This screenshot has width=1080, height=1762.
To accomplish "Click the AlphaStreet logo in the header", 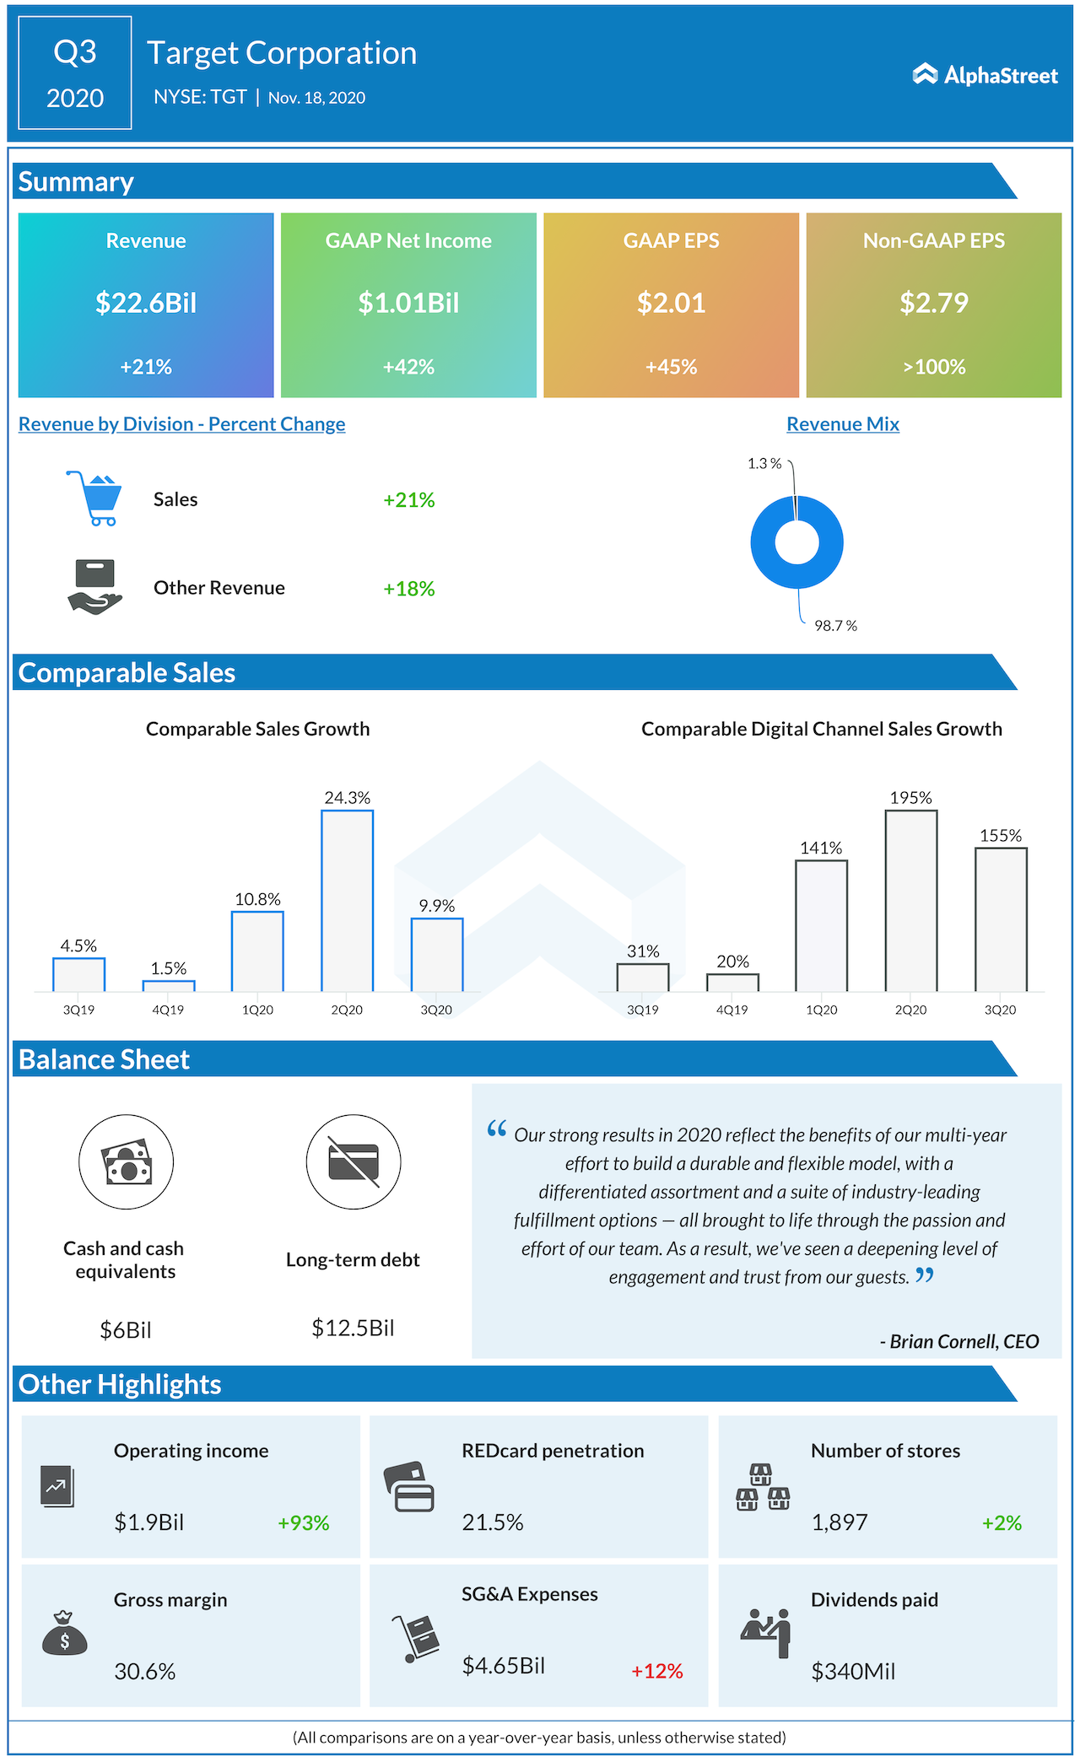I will coord(985,75).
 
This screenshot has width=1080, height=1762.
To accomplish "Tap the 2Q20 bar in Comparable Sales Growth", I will coord(347,901).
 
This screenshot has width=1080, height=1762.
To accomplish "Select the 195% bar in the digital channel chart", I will coord(910,901).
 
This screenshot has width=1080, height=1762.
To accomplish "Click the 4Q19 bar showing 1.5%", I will coord(169,986).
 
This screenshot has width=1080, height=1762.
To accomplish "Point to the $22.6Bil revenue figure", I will coord(146,303).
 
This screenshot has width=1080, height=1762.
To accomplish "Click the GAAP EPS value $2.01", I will coord(671,303).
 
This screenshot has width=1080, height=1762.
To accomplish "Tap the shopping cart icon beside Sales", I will coord(95,498).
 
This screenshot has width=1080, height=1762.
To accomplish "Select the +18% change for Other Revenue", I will coord(409,589).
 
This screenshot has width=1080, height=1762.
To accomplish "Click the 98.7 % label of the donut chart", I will coord(835,626).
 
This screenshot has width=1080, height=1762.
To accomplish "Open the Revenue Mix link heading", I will coord(843,424).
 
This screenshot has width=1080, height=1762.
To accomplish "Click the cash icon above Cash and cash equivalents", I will coord(127,1162).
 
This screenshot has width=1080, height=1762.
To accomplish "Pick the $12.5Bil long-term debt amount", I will coord(353,1328).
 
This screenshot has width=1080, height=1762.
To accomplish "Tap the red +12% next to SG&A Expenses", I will coord(657,1671).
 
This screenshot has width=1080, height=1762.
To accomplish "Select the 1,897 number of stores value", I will coord(840,1522).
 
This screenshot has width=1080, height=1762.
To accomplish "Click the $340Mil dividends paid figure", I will coord(853,1671).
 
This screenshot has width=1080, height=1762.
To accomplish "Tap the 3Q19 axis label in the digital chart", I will coord(643,1010).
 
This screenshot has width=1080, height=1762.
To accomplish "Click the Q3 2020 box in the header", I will coord(75,73).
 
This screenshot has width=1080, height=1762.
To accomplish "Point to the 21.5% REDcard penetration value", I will coord(493,1522).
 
